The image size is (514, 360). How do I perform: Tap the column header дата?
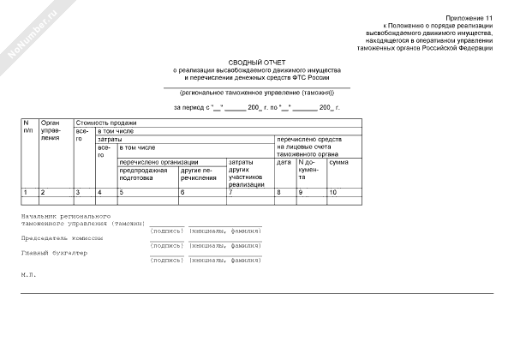point(284,162)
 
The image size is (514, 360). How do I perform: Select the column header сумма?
point(339,162)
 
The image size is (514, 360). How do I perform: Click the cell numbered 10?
point(335,192)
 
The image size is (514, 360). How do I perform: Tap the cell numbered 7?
point(230,192)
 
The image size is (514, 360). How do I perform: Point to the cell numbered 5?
point(121,192)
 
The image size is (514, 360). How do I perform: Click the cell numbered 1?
point(26,192)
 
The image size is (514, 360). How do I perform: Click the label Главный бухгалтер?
point(53,253)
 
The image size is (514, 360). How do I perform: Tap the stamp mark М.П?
point(28,274)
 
